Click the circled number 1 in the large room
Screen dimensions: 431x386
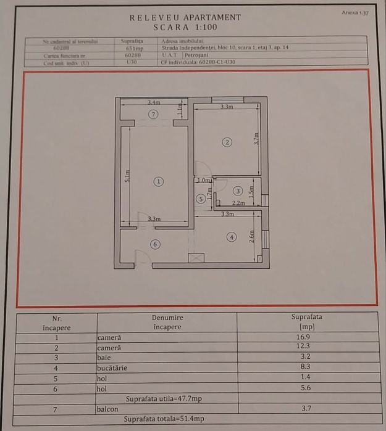click(159, 181)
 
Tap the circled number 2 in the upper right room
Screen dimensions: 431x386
click(227, 142)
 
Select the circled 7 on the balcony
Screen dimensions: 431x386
click(154, 114)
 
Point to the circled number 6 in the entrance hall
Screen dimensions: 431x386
click(155, 244)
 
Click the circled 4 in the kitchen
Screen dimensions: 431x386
click(231, 237)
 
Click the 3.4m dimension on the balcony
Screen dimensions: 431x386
click(154, 102)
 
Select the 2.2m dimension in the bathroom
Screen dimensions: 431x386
click(238, 203)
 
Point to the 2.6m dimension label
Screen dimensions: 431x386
click(251, 237)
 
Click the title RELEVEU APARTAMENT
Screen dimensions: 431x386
click(185, 18)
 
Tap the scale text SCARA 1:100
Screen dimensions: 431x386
click(185, 28)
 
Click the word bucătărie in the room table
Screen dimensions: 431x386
click(114, 367)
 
